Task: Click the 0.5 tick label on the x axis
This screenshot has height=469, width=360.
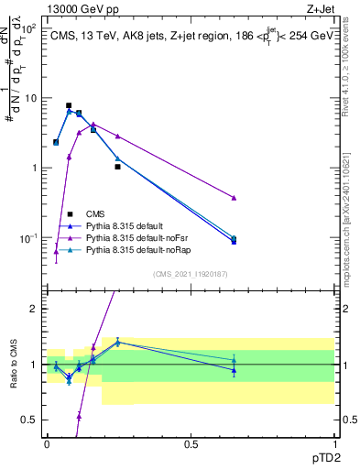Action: (x=191, y=443)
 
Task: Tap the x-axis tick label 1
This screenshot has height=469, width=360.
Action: (x=333, y=443)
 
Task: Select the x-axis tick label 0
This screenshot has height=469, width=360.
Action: (x=47, y=443)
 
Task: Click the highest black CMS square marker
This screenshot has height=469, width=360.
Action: (x=69, y=106)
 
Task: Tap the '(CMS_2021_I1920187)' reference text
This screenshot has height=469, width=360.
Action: (x=191, y=273)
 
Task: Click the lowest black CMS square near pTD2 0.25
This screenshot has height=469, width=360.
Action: (x=117, y=167)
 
